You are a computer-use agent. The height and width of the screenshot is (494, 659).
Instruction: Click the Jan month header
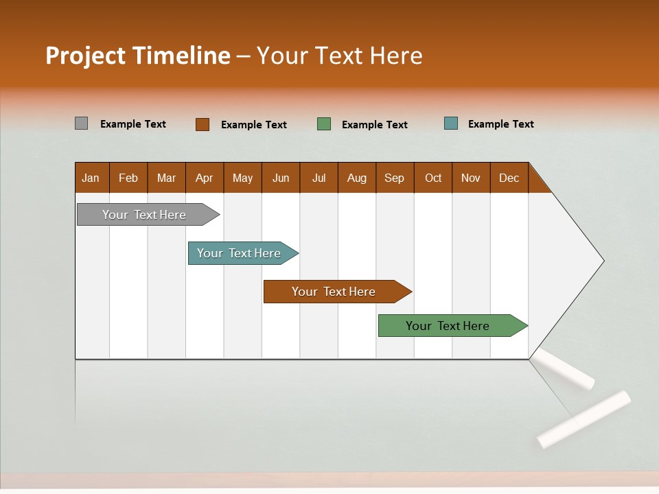click(91, 178)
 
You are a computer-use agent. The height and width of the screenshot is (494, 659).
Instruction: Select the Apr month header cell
click(205, 178)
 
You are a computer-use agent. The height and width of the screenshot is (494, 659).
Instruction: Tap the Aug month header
click(357, 178)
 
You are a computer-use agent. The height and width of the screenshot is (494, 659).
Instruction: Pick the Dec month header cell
click(509, 178)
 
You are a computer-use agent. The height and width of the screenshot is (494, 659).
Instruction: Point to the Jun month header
click(281, 178)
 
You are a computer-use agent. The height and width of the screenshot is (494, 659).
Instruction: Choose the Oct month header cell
click(433, 178)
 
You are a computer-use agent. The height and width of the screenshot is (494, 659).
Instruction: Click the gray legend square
click(81, 123)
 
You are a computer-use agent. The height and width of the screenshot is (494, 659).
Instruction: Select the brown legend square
click(202, 124)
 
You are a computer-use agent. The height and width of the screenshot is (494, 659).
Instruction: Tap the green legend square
click(324, 124)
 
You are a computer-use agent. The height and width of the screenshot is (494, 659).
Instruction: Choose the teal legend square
click(451, 123)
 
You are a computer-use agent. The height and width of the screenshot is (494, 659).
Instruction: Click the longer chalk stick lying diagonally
click(583, 419)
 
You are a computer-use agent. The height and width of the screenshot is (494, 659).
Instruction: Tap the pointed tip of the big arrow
click(602, 261)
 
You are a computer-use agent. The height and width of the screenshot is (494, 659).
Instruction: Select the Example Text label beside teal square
click(500, 123)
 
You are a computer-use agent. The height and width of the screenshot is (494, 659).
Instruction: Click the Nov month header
click(471, 178)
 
